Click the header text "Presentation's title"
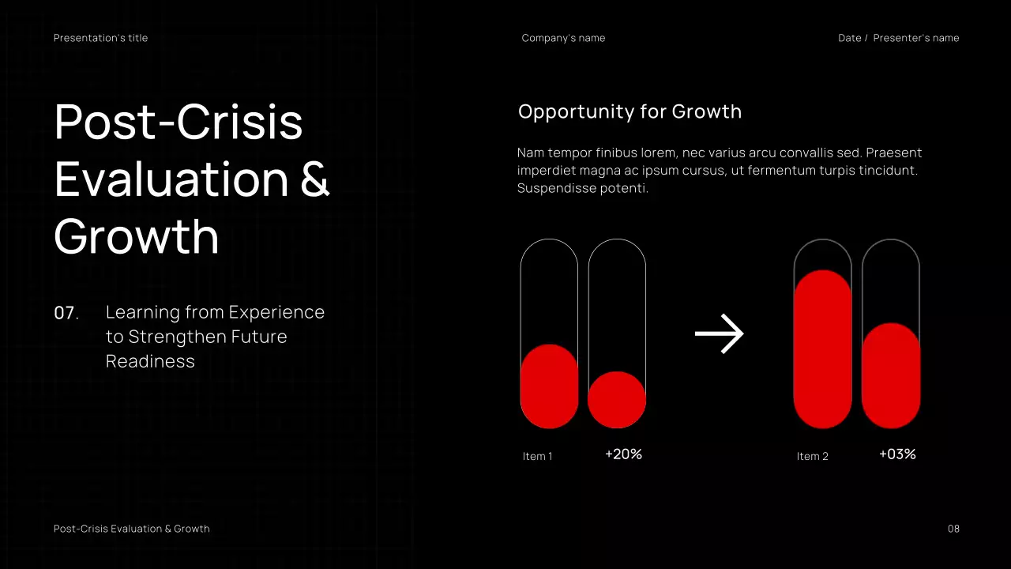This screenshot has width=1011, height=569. click(x=100, y=38)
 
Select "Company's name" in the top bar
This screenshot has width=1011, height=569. click(x=563, y=38)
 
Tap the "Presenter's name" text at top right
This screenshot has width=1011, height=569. click(x=915, y=38)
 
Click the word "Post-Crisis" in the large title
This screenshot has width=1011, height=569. click(x=179, y=122)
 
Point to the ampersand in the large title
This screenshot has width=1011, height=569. click(x=314, y=179)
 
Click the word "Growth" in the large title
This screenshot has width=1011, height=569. click(x=136, y=236)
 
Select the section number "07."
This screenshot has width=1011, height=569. click(x=66, y=313)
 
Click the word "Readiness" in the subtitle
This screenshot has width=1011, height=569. click(x=150, y=361)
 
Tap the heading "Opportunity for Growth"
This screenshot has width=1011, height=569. click(x=630, y=111)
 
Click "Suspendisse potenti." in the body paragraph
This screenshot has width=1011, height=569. click(x=582, y=188)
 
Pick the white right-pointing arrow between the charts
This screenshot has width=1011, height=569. click(x=719, y=334)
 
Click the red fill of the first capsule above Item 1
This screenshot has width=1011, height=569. click(x=549, y=387)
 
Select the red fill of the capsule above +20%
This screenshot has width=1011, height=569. click(x=617, y=400)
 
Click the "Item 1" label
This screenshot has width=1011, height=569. click(x=537, y=456)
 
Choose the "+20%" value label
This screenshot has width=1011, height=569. click(x=623, y=454)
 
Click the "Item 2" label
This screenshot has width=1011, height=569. click(x=812, y=456)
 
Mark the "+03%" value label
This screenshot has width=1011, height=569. click(x=897, y=454)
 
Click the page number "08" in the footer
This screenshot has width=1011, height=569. click(x=953, y=529)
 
